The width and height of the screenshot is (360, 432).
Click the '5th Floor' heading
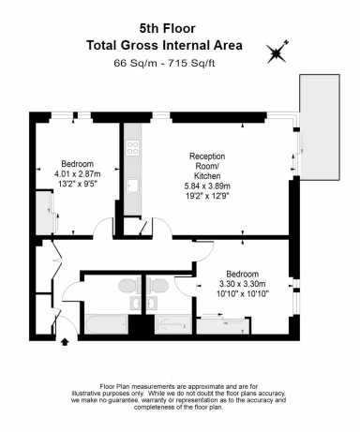167,29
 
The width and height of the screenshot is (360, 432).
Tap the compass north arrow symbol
277,52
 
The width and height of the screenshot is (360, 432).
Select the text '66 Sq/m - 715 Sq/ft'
164,63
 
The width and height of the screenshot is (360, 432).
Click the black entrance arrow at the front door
65,341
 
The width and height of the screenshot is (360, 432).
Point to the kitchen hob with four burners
133,148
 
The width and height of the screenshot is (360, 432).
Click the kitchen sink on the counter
133,186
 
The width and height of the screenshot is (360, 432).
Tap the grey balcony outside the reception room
320,127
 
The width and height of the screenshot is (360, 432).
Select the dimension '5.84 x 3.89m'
207,186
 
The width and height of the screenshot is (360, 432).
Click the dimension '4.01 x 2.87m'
77,173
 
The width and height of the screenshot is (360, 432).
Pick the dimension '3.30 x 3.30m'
243,284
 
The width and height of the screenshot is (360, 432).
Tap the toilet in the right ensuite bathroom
157,286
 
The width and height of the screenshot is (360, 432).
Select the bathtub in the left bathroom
107,324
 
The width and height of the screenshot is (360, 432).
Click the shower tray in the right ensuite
173,324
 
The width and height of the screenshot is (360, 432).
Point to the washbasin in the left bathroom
136,303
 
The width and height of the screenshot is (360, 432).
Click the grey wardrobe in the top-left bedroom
44,213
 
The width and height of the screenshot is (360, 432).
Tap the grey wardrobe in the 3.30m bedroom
223,326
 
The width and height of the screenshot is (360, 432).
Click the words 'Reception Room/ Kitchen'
207,166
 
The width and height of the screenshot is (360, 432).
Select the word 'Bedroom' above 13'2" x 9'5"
77,164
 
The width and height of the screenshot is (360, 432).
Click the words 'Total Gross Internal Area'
164,45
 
